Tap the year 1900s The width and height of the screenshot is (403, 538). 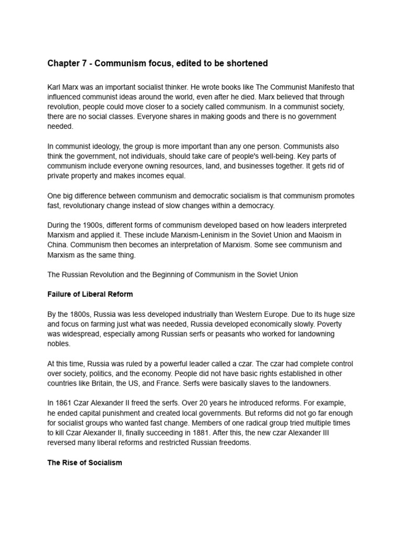[x=91, y=225]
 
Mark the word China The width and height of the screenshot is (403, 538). [x=57, y=244]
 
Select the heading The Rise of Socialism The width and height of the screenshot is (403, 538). [x=84, y=463]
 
